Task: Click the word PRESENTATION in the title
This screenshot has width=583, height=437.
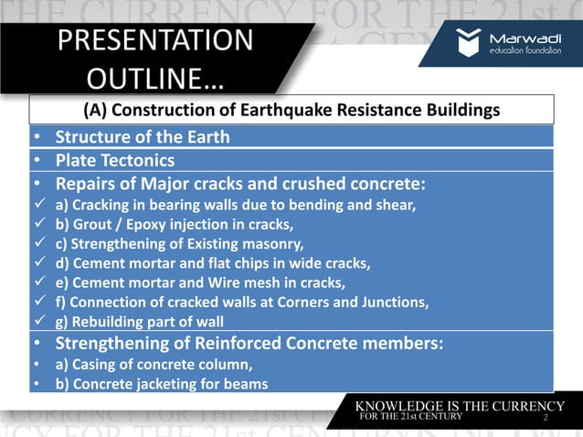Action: click(154, 40)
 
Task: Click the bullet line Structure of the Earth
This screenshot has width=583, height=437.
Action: click(143, 138)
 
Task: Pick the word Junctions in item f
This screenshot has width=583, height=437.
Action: click(391, 302)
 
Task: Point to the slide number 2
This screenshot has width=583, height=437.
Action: click(545, 417)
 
